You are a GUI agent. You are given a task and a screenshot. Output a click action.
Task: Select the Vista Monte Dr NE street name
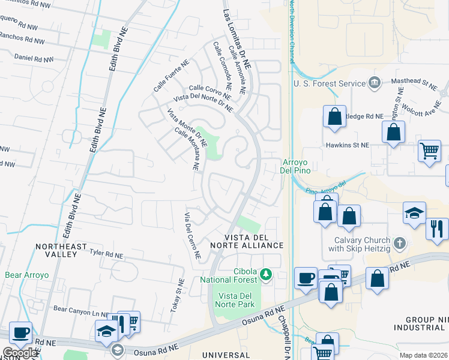tap(187, 127)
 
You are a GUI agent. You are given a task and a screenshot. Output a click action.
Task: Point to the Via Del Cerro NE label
tap(192, 235)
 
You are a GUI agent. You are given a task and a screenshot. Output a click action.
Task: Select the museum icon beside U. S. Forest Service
tap(375, 83)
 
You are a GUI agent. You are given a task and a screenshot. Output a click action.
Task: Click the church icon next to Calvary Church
tap(401, 244)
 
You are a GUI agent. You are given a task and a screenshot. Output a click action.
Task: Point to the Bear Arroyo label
tap(27, 275)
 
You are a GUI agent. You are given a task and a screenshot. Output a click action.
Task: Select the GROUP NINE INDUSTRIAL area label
tap(420, 323)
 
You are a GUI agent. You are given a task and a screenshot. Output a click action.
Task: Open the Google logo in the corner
tap(20, 353)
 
